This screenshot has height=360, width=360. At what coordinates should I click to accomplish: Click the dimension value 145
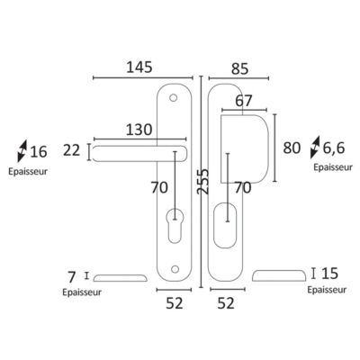click(139, 67)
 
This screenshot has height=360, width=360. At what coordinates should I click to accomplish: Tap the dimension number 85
click(240, 69)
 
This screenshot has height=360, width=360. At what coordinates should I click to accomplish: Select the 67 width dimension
click(244, 101)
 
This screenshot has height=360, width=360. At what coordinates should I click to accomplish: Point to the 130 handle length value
click(139, 130)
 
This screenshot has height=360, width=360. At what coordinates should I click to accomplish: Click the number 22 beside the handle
click(72, 150)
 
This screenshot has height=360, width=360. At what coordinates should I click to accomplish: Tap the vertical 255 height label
click(203, 181)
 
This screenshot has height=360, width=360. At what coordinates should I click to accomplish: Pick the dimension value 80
click(292, 148)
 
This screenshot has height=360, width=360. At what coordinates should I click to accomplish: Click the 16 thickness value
click(39, 152)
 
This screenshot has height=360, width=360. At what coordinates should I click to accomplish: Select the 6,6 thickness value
click(334, 148)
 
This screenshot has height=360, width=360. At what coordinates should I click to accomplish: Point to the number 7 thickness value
click(71, 277)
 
